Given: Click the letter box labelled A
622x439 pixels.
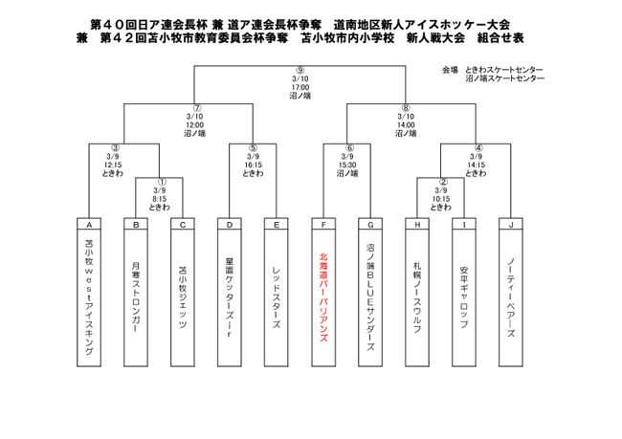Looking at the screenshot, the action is point(88,225).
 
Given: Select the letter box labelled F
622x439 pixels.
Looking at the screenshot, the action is point(322,225).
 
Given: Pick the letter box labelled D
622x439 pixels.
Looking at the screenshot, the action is point(229,225).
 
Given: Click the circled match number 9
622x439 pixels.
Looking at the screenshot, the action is point(300,70).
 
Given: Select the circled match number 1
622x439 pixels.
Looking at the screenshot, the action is point(160,182).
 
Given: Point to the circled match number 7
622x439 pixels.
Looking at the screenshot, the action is point(195,108).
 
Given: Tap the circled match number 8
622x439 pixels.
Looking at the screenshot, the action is point(406,108).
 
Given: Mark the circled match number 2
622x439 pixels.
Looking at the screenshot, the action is point(441,182).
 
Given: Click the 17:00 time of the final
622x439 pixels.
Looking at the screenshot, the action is point(300,87).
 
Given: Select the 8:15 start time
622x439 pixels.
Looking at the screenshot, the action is point(160,199).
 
